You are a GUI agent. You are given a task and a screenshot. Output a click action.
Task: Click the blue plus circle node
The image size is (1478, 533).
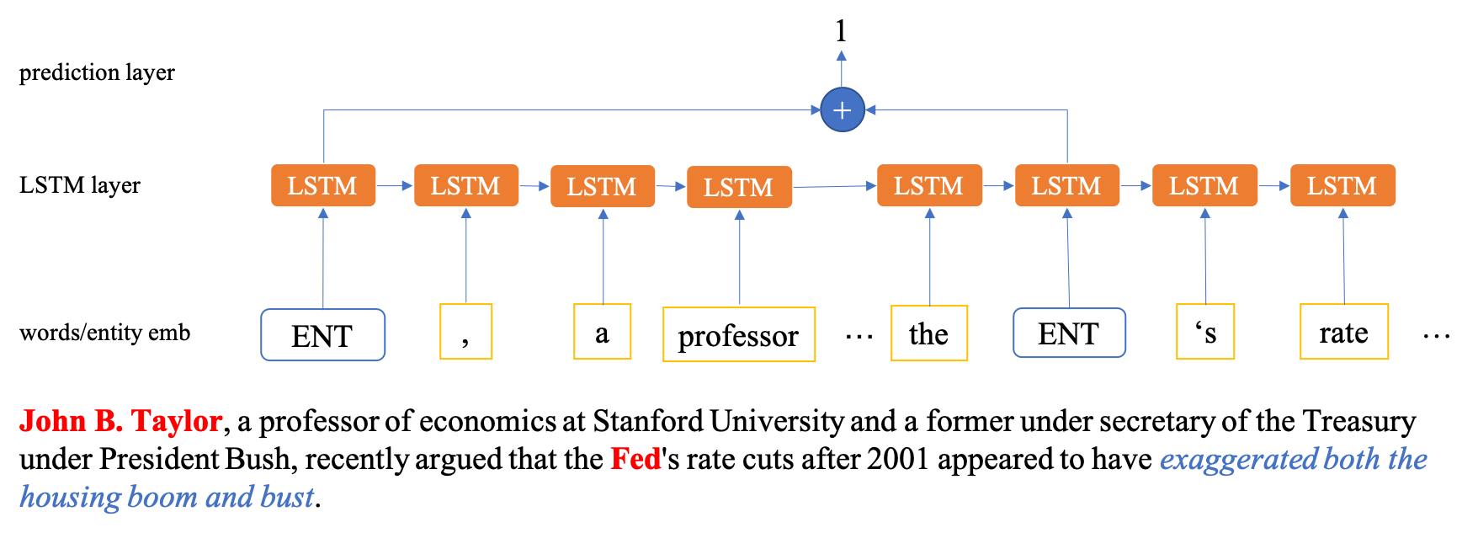[843, 110]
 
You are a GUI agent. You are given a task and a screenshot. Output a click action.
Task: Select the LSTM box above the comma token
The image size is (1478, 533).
[465, 185]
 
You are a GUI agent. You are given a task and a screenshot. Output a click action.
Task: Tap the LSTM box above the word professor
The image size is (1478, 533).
[739, 187]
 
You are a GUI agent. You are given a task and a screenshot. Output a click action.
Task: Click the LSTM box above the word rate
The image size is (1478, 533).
[1342, 185]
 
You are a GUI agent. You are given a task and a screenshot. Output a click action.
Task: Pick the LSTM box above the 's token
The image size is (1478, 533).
[1204, 185]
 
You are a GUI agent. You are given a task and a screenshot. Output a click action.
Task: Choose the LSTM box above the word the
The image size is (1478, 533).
[929, 185]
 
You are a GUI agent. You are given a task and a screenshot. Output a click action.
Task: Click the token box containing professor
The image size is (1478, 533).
[739, 335]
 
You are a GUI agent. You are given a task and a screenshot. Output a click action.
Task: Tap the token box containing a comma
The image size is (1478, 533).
[465, 332]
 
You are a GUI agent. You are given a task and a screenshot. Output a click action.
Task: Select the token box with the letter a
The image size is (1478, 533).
[602, 332]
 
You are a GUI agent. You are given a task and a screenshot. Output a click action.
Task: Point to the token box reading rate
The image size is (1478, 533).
[1343, 332]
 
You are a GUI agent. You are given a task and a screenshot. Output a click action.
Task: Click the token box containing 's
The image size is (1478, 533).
[1205, 332]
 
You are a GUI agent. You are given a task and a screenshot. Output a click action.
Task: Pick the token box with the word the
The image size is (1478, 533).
[929, 333]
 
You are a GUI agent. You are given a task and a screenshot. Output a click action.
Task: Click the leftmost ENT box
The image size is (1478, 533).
[323, 335]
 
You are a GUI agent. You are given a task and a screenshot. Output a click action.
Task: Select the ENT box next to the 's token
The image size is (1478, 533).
[1069, 333]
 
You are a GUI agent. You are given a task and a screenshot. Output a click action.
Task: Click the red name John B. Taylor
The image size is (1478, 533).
[121, 421]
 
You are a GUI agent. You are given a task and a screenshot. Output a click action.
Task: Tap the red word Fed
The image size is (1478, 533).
[635, 459]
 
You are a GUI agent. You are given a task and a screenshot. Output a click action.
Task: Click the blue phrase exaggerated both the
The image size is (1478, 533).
[1293, 460]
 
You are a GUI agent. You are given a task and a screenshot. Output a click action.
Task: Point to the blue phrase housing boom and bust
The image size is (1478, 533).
[167, 497]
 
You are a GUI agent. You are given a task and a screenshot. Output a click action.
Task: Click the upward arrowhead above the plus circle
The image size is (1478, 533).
[842, 57]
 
